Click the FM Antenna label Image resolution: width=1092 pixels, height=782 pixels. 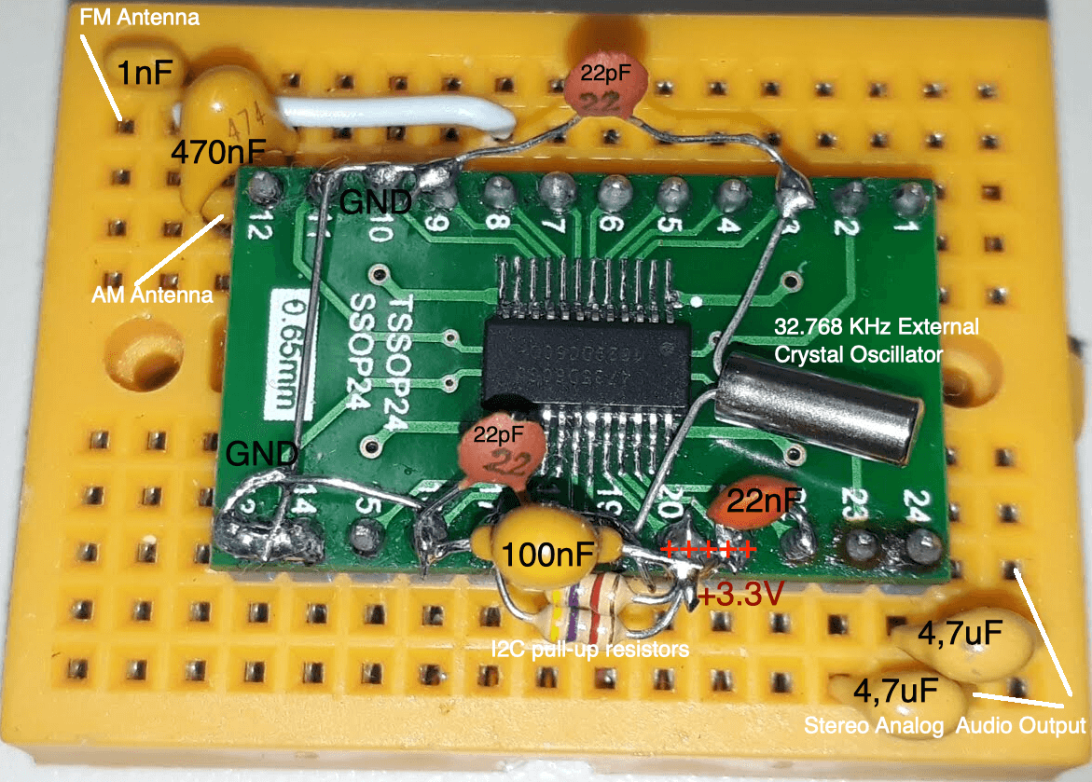coord(140,18)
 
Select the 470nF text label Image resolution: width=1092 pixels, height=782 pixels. coord(217,151)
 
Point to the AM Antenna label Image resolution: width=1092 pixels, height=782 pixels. coord(153,295)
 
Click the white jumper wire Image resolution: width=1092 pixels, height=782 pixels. coord(392,117)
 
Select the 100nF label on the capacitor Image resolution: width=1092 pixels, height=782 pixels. coord(548,556)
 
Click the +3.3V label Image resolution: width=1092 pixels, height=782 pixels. coord(741,593)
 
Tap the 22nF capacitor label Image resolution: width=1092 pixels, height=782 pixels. coord(764,501)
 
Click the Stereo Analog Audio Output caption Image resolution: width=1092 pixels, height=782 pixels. coord(945,725)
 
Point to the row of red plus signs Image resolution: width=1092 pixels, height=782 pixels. coord(709,549)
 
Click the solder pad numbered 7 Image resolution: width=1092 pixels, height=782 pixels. coord(556,190)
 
